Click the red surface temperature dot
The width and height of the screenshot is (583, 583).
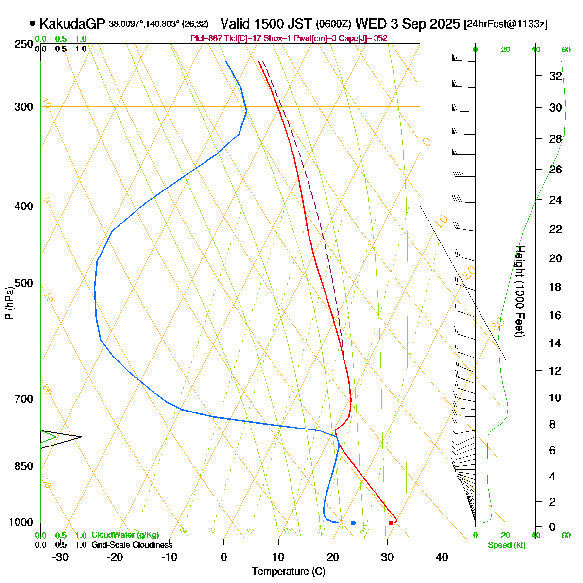[x=391, y=523]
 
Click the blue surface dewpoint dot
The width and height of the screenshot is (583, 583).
[x=353, y=523]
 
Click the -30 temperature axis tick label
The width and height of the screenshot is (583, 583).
[x=60, y=557]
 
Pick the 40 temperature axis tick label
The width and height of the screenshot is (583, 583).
[x=442, y=557]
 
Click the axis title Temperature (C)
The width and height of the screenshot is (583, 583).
[x=289, y=571]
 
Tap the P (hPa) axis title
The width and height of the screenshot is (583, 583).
[x=9, y=302]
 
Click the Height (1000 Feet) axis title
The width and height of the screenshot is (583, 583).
[x=519, y=291]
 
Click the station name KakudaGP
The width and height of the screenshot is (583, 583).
[x=72, y=24]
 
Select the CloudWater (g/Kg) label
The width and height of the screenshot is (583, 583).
[x=125, y=535]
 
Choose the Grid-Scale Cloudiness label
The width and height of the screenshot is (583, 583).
[x=132, y=545]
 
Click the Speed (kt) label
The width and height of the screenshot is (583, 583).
[x=507, y=545]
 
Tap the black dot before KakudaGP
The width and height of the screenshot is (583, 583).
[x=33, y=23]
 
